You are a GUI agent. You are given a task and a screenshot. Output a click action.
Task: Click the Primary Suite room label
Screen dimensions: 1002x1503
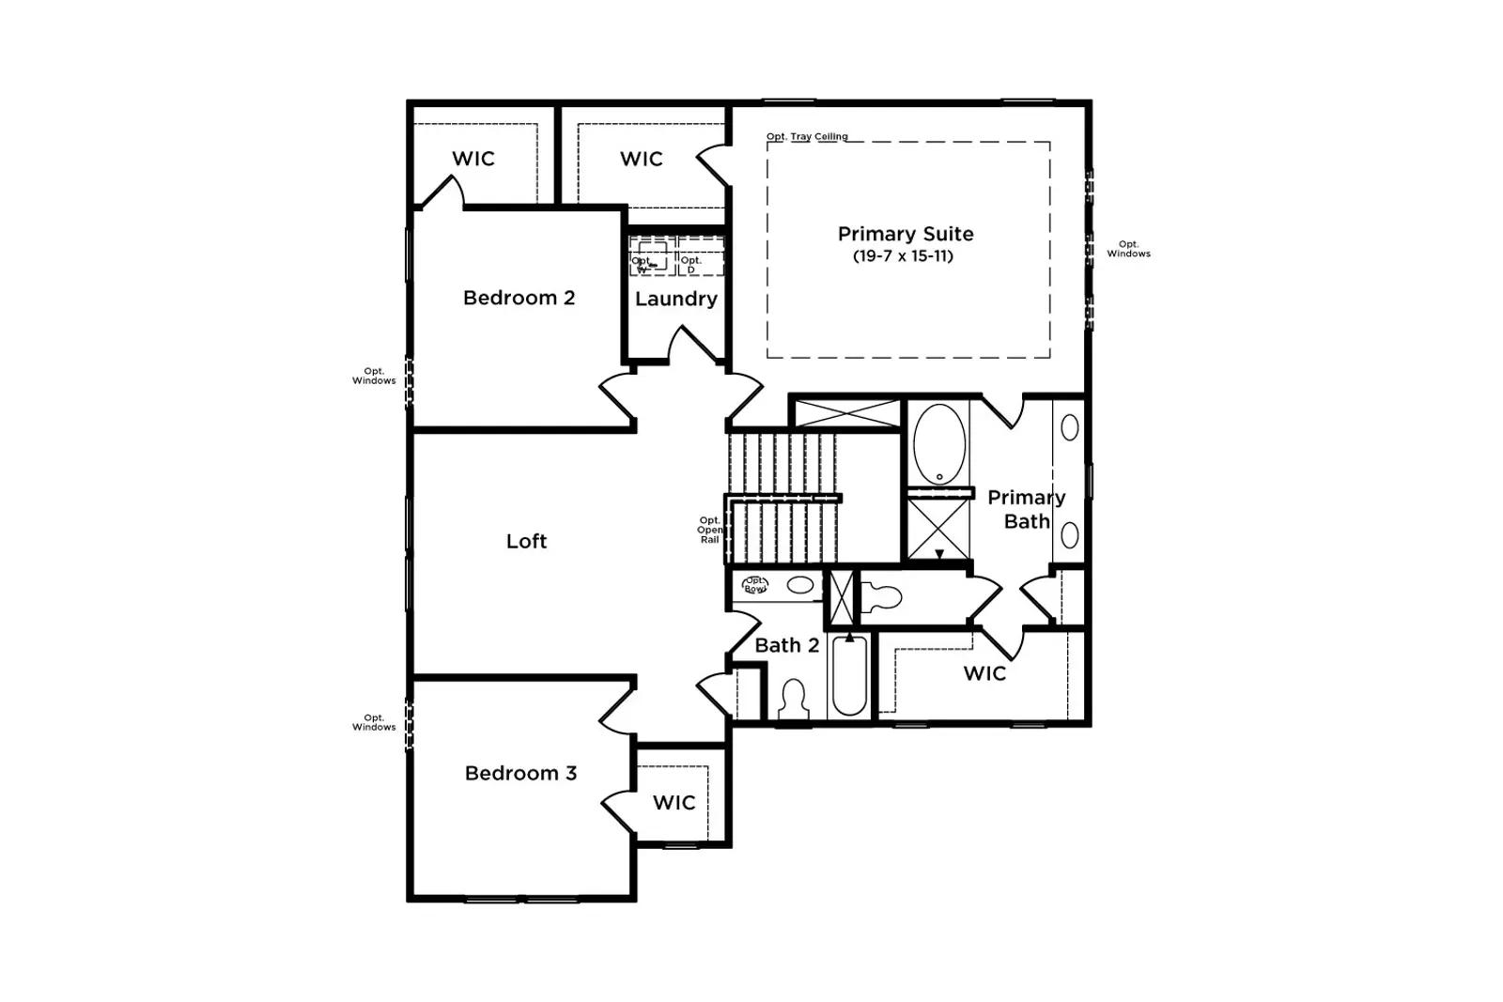[905, 234]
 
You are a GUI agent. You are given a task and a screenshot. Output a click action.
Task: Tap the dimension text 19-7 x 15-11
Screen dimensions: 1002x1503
[903, 256]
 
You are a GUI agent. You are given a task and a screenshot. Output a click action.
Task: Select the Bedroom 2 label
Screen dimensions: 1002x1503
[519, 298]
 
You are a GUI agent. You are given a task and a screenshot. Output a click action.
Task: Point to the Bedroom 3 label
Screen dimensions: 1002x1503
[520, 773]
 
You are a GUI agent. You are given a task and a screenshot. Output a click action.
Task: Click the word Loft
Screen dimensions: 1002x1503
[526, 541]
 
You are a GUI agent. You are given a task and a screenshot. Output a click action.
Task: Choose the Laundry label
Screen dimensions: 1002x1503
[675, 299]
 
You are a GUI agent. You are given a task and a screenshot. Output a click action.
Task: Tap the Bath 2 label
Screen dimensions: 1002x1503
[786, 645]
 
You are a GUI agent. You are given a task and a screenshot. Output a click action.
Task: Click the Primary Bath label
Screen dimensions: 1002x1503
[1026, 509]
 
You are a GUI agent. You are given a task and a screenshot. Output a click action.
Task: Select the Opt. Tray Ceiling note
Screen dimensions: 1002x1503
[807, 136]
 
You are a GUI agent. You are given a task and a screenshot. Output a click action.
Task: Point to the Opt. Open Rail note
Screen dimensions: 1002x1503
[709, 530]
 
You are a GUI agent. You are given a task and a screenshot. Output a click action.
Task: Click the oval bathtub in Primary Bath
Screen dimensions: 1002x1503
[938, 443]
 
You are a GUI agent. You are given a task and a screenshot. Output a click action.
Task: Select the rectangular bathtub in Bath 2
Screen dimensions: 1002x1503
[849, 677]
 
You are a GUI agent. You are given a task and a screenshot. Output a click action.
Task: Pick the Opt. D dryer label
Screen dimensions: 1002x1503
[691, 265]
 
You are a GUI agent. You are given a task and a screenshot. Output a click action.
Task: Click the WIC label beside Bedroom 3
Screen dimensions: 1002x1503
[674, 802]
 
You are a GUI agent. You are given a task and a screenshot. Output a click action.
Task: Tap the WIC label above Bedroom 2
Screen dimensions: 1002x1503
[473, 159]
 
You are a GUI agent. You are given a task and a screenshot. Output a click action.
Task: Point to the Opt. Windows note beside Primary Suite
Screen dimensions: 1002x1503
[1128, 249]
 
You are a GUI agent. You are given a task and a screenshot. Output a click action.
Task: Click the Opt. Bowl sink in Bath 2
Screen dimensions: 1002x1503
[755, 585]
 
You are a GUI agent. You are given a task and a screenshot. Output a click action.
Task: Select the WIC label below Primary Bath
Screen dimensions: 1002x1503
[984, 673]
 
